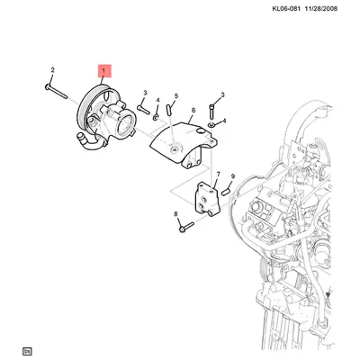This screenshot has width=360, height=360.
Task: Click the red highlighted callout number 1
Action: point(104,69)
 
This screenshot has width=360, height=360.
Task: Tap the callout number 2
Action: point(52,70)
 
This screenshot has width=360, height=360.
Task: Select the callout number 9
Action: point(233,176)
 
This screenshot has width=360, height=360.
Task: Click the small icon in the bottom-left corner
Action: point(28,350)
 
